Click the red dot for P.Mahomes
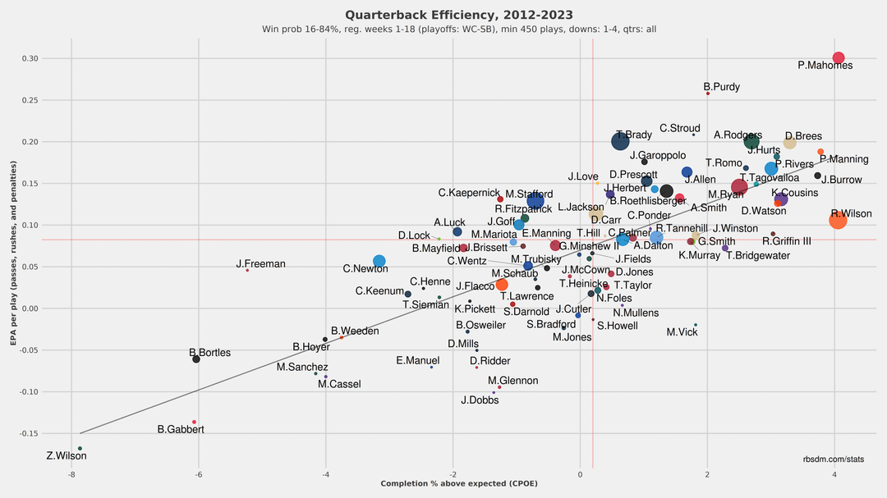point(839,58)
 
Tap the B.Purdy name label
point(723,86)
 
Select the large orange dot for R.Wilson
point(839,220)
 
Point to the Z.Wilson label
point(67,456)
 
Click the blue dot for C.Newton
point(379,262)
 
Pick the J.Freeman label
point(260,264)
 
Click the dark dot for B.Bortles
point(196,359)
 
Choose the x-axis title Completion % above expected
point(459,484)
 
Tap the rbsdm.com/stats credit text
point(833,459)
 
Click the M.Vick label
point(682,332)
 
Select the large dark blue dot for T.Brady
point(621,142)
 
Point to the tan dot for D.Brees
point(789,143)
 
